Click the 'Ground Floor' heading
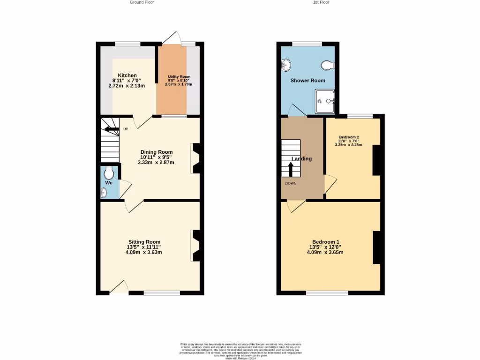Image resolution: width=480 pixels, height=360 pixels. (x=142, y=2)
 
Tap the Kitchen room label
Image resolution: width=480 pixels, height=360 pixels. (x=127, y=75)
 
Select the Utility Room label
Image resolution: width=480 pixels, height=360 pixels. (x=179, y=77)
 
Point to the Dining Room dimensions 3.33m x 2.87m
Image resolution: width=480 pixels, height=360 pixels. (x=156, y=163)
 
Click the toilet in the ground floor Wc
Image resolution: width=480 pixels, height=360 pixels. (x=109, y=172)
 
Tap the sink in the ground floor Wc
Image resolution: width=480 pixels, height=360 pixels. (x=104, y=192)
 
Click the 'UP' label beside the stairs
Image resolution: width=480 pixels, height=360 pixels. (x=126, y=129)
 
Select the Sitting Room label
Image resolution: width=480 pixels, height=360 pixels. (x=143, y=242)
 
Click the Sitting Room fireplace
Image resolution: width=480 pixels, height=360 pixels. (x=196, y=246)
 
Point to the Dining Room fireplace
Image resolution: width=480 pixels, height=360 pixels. (x=196, y=158)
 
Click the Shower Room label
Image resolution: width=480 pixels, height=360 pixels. (x=307, y=81)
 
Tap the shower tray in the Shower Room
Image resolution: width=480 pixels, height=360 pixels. (x=325, y=103)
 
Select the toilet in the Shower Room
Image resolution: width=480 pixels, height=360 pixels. (x=328, y=65)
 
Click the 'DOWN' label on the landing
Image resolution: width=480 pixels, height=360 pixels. (x=291, y=183)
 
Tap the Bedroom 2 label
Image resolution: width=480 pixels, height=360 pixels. (x=349, y=138)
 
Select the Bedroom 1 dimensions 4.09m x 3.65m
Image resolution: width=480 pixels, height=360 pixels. (x=325, y=252)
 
